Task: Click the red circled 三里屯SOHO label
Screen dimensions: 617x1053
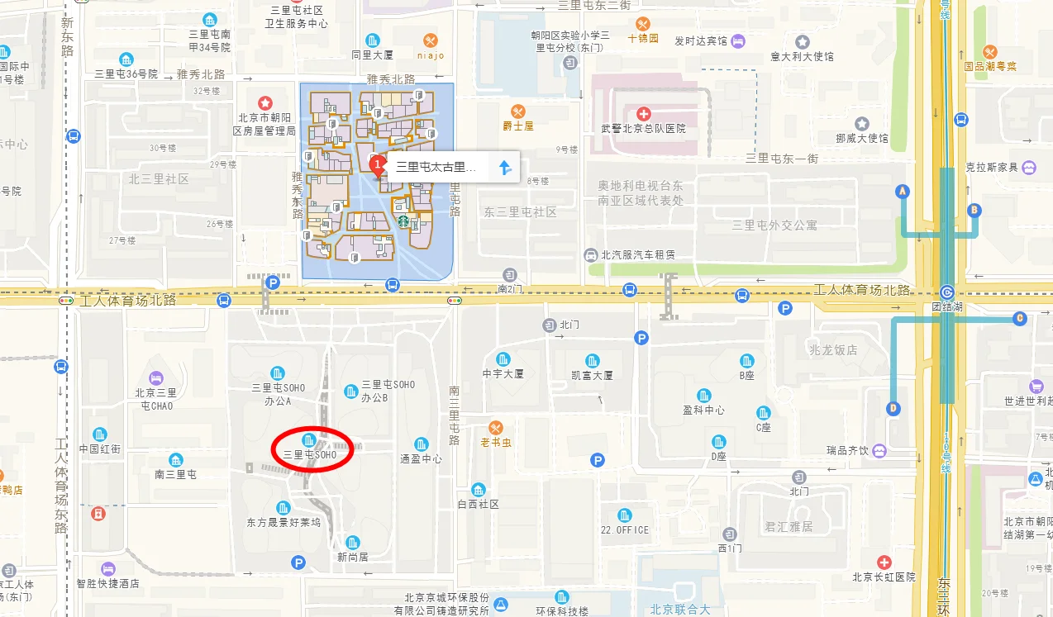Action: (310, 454)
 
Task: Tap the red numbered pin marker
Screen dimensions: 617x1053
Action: (378, 165)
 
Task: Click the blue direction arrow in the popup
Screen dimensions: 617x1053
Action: (505, 168)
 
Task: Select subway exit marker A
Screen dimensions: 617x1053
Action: (903, 192)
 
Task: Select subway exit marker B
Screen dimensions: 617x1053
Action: (974, 210)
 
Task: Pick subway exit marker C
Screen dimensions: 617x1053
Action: (1020, 318)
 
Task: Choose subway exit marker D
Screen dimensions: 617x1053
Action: (893, 408)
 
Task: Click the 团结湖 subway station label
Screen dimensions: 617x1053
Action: (947, 306)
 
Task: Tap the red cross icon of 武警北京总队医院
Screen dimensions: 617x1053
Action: (644, 113)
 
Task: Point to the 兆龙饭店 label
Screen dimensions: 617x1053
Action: (834, 349)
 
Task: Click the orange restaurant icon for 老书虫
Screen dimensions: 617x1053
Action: (495, 428)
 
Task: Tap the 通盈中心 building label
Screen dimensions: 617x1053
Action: (421, 458)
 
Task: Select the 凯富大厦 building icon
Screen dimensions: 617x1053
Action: (592, 360)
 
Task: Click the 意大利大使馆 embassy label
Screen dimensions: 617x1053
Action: (802, 56)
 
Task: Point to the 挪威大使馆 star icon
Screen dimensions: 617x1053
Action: (861, 124)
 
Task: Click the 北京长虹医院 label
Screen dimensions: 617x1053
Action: (884, 577)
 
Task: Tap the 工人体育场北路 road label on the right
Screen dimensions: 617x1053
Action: (862, 290)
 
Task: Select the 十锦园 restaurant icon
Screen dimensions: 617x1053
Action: (642, 24)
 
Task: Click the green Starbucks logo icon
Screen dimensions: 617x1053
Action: (403, 221)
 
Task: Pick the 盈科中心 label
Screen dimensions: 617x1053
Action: (703, 410)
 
